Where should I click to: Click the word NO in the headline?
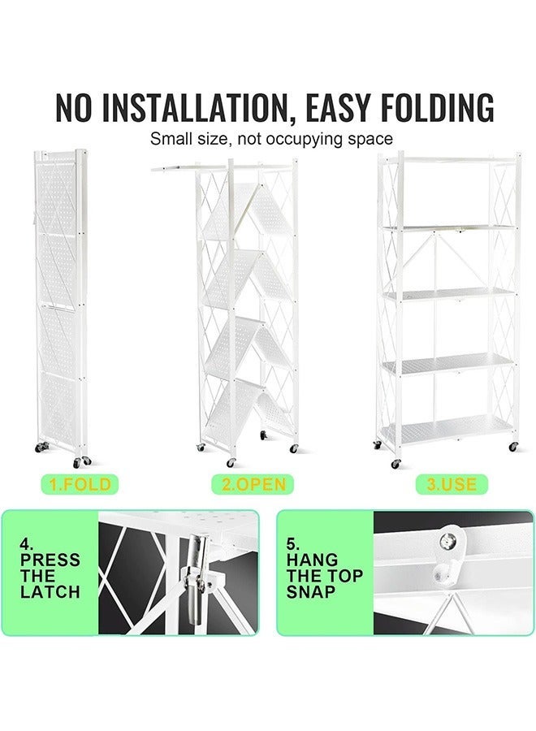pos(76,109)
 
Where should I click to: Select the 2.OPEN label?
pos(253,485)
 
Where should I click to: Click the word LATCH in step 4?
pos(50,592)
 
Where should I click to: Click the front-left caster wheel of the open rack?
pos(396,464)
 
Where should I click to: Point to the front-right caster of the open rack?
pos(513,447)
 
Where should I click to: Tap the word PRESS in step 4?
pos(50,560)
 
